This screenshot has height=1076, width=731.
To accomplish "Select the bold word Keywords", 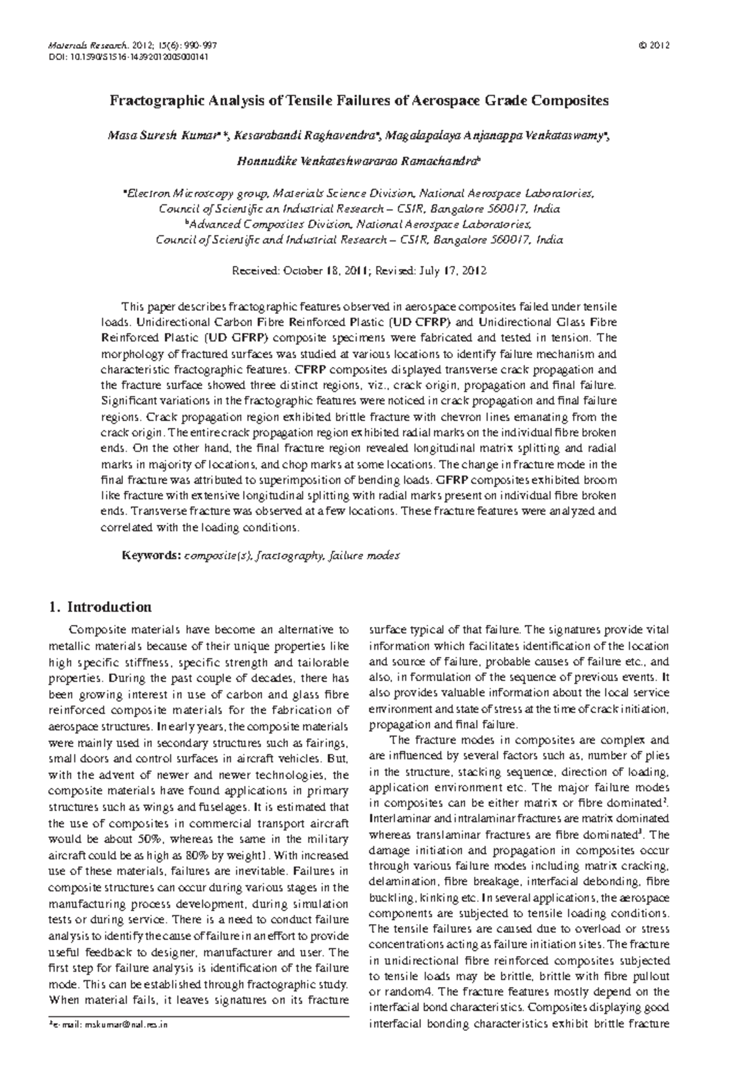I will pyautogui.click(x=150, y=555).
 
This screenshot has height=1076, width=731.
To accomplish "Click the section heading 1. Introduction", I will pyautogui.click(x=100, y=607).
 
